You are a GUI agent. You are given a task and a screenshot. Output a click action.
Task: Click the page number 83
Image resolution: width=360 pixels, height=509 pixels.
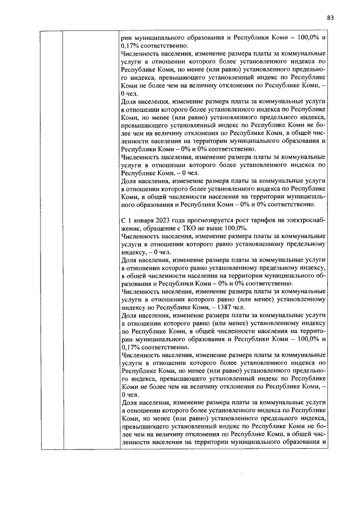330,17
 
